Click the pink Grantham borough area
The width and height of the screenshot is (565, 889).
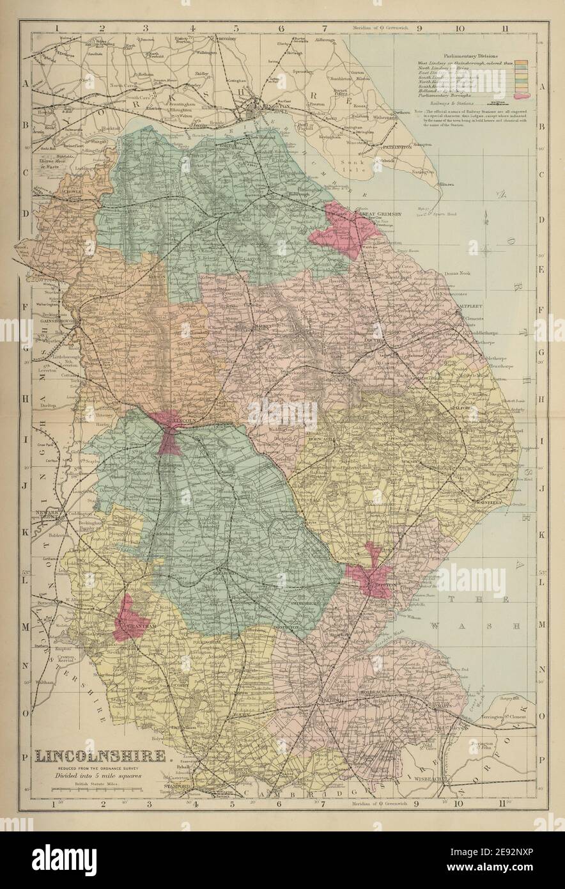pos(125,618)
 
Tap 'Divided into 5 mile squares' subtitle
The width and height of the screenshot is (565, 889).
pos(97,775)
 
